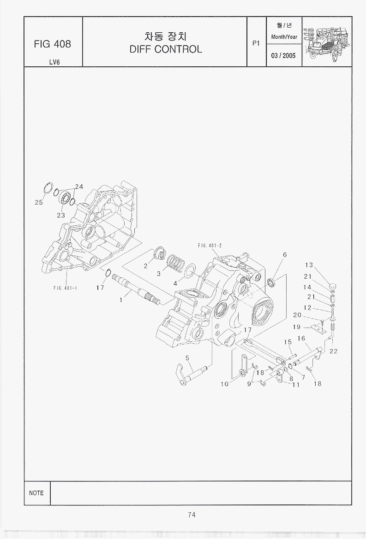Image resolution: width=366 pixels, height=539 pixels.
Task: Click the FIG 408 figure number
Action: coord(52,44)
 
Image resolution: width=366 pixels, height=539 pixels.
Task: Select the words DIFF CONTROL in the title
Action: coord(166,49)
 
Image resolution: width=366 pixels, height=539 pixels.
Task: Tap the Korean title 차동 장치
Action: coord(165,36)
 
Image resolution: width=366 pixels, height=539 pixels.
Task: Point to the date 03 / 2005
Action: coord(283,56)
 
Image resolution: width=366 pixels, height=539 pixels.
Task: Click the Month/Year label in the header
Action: coord(284,37)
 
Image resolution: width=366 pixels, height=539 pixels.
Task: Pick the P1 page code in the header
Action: coord(257,44)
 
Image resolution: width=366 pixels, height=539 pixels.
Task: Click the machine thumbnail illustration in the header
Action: coord(327,41)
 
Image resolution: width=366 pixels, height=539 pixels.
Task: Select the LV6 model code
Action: coord(54,62)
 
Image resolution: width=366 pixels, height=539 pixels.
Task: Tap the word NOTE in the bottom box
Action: coord(36,493)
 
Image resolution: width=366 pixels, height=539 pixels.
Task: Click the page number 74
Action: coord(192,515)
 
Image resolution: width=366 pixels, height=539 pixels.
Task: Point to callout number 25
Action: coord(39,202)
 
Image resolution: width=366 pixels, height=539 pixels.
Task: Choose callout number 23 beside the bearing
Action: coord(61,215)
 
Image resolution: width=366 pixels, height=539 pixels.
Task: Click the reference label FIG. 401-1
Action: coord(65,288)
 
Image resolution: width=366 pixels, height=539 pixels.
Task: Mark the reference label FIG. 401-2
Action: coord(210,246)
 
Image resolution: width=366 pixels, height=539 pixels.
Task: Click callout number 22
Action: coord(334,351)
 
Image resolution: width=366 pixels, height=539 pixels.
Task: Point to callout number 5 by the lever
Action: coord(187,358)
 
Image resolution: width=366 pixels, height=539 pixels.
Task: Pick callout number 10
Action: coord(224,384)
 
